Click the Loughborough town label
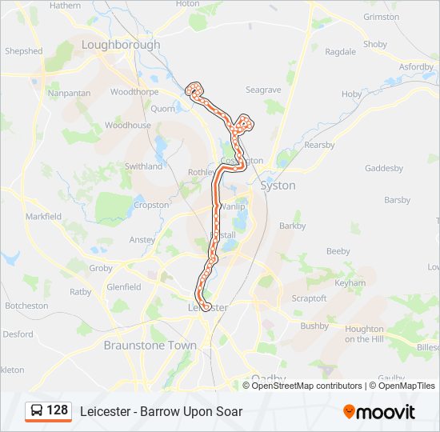[120, 45]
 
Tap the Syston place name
[278, 186]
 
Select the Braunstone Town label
[150, 346]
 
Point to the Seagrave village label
[263, 90]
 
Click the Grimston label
[382, 17]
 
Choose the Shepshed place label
[24, 51]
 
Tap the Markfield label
[43, 217]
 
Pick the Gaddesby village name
[384, 169]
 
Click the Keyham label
[350, 283]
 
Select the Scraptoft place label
[309, 298]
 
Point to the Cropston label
[151, 205]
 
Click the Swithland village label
[143, 166]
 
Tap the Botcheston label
[26, 306]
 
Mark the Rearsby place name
[319, 145]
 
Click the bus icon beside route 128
[37, 411]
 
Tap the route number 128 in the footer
[58, 410]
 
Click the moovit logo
[379, 412]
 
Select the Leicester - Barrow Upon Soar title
[161, 412]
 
